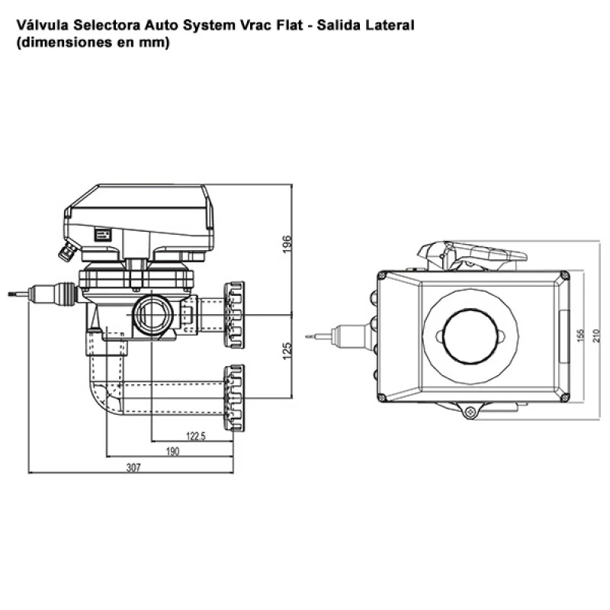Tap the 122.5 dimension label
click(195, 436)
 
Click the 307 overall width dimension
click(133, 468)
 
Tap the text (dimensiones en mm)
click(91, 43)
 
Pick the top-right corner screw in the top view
click(563, 275)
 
